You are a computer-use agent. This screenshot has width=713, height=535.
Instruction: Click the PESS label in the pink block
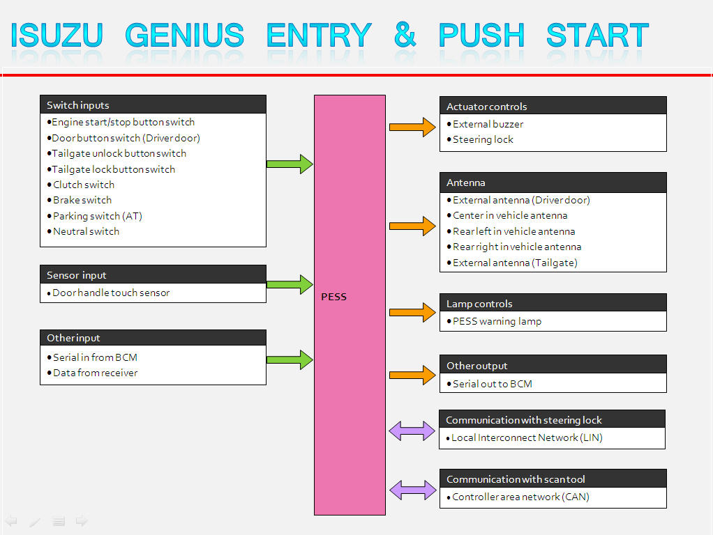[333, 297]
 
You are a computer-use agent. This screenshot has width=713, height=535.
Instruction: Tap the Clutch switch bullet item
[84, 185]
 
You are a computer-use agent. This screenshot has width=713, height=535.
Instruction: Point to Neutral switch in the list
[87, 231]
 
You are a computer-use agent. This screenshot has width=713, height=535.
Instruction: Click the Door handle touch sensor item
[111, 293]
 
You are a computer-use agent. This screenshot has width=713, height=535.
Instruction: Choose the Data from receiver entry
[96, 373]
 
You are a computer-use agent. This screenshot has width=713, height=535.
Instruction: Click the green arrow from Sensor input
[290, 284]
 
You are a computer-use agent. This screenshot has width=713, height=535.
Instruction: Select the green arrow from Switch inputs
[290, 164]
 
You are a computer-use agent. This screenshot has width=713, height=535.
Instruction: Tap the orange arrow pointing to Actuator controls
[412, 127]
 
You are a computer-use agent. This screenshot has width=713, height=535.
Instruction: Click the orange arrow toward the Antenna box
[412, 226]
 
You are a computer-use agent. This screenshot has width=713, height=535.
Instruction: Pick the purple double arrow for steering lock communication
[412, 431]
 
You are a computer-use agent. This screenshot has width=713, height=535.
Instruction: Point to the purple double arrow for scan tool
[412, 490]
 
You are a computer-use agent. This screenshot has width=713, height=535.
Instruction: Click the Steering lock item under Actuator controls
[483, 139]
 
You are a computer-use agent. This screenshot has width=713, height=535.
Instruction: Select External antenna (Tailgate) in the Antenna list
[515, 263]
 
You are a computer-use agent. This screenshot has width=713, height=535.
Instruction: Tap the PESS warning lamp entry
[497, 321]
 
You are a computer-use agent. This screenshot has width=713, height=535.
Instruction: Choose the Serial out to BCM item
[493, 383]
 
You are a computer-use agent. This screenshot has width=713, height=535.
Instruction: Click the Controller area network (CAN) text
[520, 497]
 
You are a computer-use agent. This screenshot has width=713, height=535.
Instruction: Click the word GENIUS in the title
[185, 35]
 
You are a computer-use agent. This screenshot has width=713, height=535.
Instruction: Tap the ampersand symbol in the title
[405, 34]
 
